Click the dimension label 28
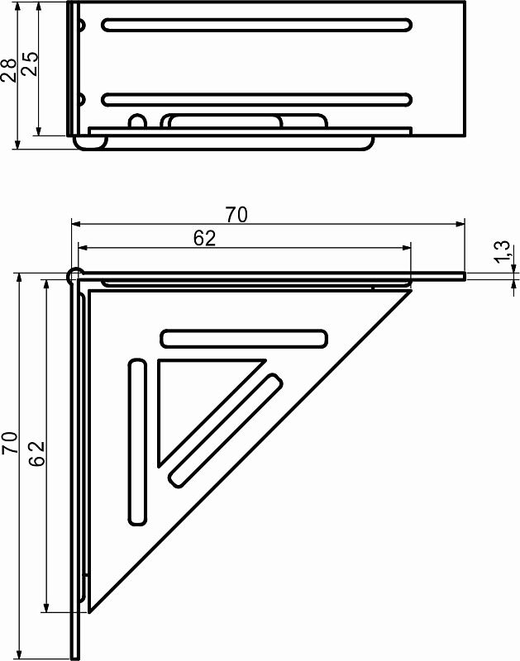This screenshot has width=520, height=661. pos(8,70)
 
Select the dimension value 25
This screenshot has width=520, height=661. pos(30,64)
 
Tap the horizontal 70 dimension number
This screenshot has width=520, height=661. pos(236,215)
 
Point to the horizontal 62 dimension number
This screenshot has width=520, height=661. pos(205,238)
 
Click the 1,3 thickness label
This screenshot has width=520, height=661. pos(503,252)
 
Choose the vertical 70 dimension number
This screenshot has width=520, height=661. pos(10,443)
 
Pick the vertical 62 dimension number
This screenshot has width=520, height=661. pos(37,454)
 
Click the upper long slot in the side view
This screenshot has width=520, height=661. pos(257,25)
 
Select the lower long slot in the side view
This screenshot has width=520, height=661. pos(257,99)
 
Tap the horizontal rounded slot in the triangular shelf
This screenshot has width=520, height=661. pos(244,339)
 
